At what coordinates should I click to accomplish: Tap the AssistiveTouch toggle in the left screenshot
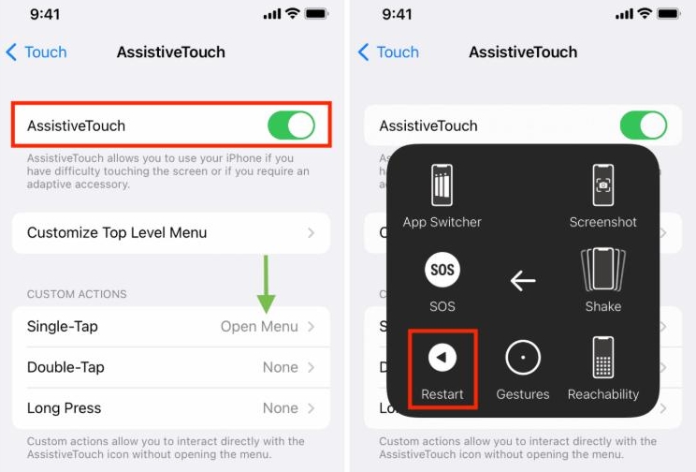point(291,125)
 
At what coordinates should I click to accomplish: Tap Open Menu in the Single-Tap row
point(259,327)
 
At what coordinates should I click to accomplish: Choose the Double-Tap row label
point(65,367)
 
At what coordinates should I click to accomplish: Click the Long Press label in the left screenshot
point(64,408)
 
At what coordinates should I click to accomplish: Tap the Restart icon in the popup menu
point(442,357)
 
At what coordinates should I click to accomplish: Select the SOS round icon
point(442,271)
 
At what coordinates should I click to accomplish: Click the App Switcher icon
point(442,184)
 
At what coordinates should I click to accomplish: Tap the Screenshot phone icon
point(603,184)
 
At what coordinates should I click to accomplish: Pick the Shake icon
point(603,270)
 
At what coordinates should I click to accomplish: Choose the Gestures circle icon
point(523,357)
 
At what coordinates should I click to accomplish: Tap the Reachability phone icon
point(603,357)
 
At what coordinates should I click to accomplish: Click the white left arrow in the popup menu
point(523,279)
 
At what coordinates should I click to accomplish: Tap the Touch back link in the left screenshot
point(36,52)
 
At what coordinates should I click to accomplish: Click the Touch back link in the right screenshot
point(389,52)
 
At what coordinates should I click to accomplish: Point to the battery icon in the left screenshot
point(316,15)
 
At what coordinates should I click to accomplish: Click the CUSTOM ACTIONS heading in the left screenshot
point(77,294)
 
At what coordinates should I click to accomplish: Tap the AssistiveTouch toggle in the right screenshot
point(644,125)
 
